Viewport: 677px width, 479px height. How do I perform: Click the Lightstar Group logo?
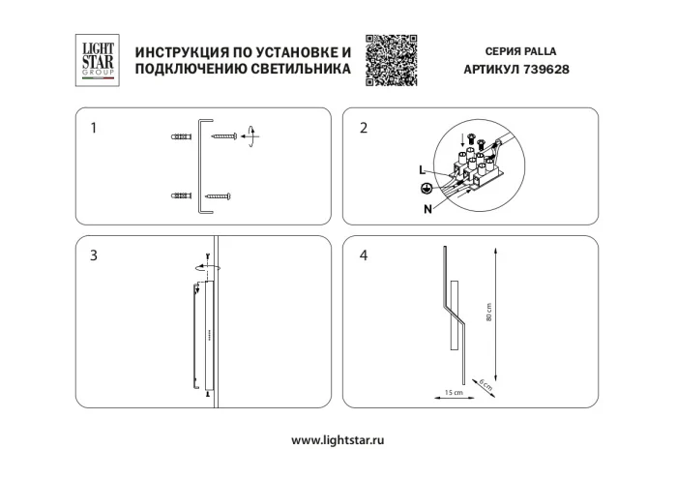pyautogui.click(x=97, y=59)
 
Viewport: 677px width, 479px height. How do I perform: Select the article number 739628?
pyautogui.click(x=548, y=70)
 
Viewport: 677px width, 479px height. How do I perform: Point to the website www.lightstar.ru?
pyautogui.click(x=338, y=439)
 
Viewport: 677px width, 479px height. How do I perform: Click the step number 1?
pyautogui.click(x=94, y=128)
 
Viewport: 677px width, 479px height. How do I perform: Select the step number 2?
pyautogui.click(x=364, y=128)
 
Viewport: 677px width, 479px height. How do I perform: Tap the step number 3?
pyautogui.click(x=94, y=255)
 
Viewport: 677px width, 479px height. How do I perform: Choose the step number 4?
pyautogui.click(x=364, y=255)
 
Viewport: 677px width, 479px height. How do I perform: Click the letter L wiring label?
pyautogui.click(x=422, y=170)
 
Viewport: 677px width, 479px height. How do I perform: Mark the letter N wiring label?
pyautogui.click(x=427, y=207)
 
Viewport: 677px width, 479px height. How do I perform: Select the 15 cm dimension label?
pyautogui.click(x=449, y=392)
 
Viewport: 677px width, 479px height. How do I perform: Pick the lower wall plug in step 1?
pyautogui.click(x=180, y=196)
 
